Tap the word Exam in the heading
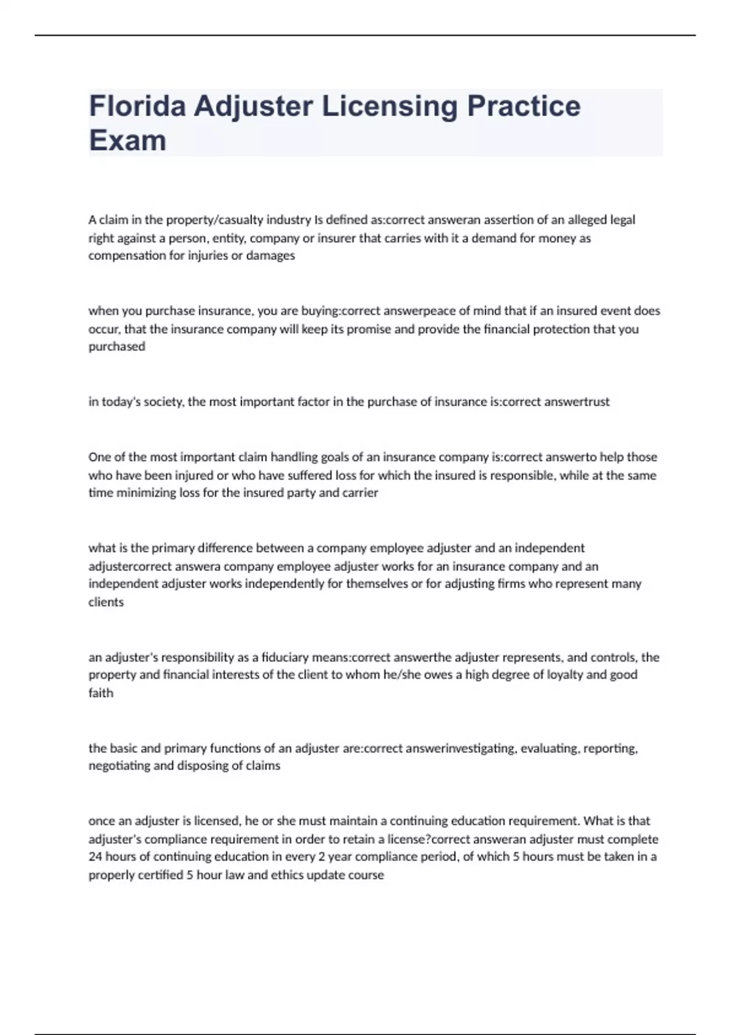tap(127, 141)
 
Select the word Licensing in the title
tap(389, 106)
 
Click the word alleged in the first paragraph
tap(588, 220)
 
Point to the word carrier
tap(361, 493)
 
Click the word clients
tap(106, 602)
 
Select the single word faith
tap(101, 693)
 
